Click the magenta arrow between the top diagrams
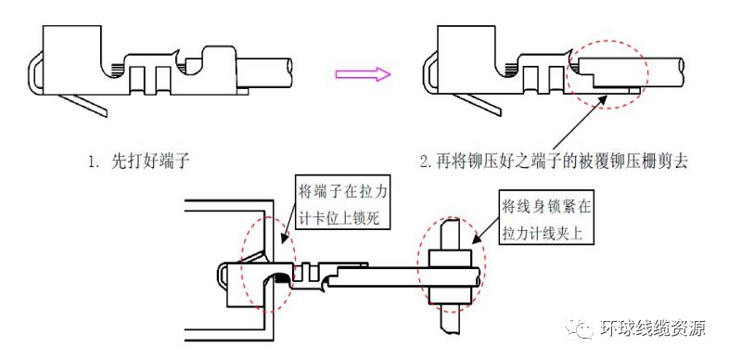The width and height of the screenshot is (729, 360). coord(363,74)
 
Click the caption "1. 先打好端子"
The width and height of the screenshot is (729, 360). coord(139,161)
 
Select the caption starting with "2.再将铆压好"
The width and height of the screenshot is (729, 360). coord(554,161)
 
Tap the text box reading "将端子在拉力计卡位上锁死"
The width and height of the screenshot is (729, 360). coord(343,205)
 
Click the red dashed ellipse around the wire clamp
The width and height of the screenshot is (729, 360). coord(451,265)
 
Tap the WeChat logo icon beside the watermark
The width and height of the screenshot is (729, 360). coord(580,328)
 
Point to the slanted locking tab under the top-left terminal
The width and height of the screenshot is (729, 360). coord(83,105)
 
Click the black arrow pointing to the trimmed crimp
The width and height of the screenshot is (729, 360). coord(579,124)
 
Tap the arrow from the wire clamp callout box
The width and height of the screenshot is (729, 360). coord(485,230)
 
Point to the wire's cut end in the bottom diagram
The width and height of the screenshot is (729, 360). coord(478,276)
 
